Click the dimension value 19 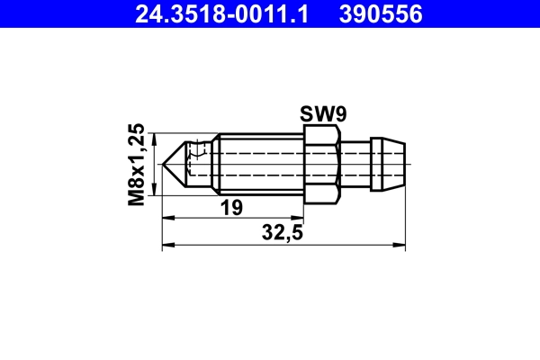(x=231, y=208)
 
